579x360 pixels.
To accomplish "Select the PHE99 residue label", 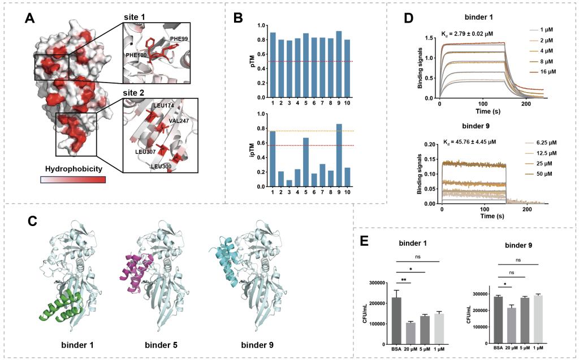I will point(178,40).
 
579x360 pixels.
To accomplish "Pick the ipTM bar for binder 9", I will point(339,155).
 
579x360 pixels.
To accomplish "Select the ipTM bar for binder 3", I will point(289,183).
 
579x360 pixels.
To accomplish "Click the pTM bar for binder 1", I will point(273,65).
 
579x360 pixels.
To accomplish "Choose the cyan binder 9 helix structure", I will point(223,259).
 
